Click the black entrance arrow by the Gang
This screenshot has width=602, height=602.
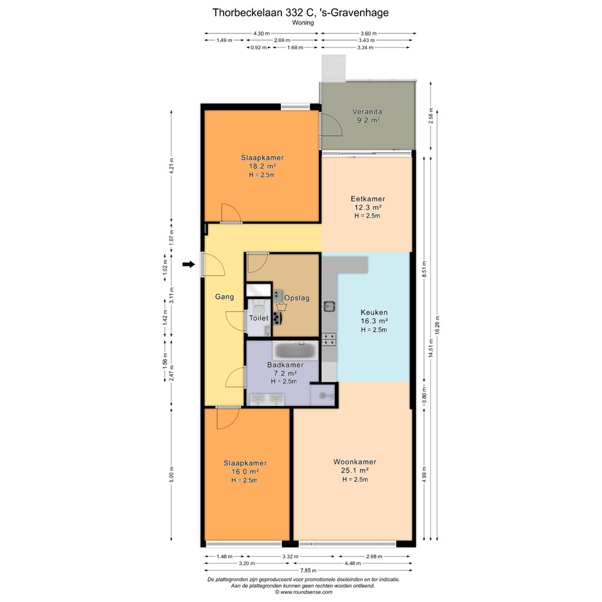(188, 264)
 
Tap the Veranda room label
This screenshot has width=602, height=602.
(367, 111)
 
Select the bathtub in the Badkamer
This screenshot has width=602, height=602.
(295, 350)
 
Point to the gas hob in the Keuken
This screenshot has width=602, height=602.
(329, 339)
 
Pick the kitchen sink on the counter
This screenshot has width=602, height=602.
(329, 306)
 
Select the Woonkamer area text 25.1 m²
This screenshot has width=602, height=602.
(355, 470)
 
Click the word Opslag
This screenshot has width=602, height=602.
(297, 298)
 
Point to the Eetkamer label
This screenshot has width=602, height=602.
(368, 199)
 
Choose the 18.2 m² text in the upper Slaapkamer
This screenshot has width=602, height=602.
(263, 166)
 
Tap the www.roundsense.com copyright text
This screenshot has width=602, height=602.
(303, 592)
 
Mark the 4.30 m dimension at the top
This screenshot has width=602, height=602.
(261, 33)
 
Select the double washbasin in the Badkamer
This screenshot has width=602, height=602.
(267, 399)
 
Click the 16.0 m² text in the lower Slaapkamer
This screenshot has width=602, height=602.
(245, 472)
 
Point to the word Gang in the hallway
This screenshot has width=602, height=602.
(224, 297)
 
